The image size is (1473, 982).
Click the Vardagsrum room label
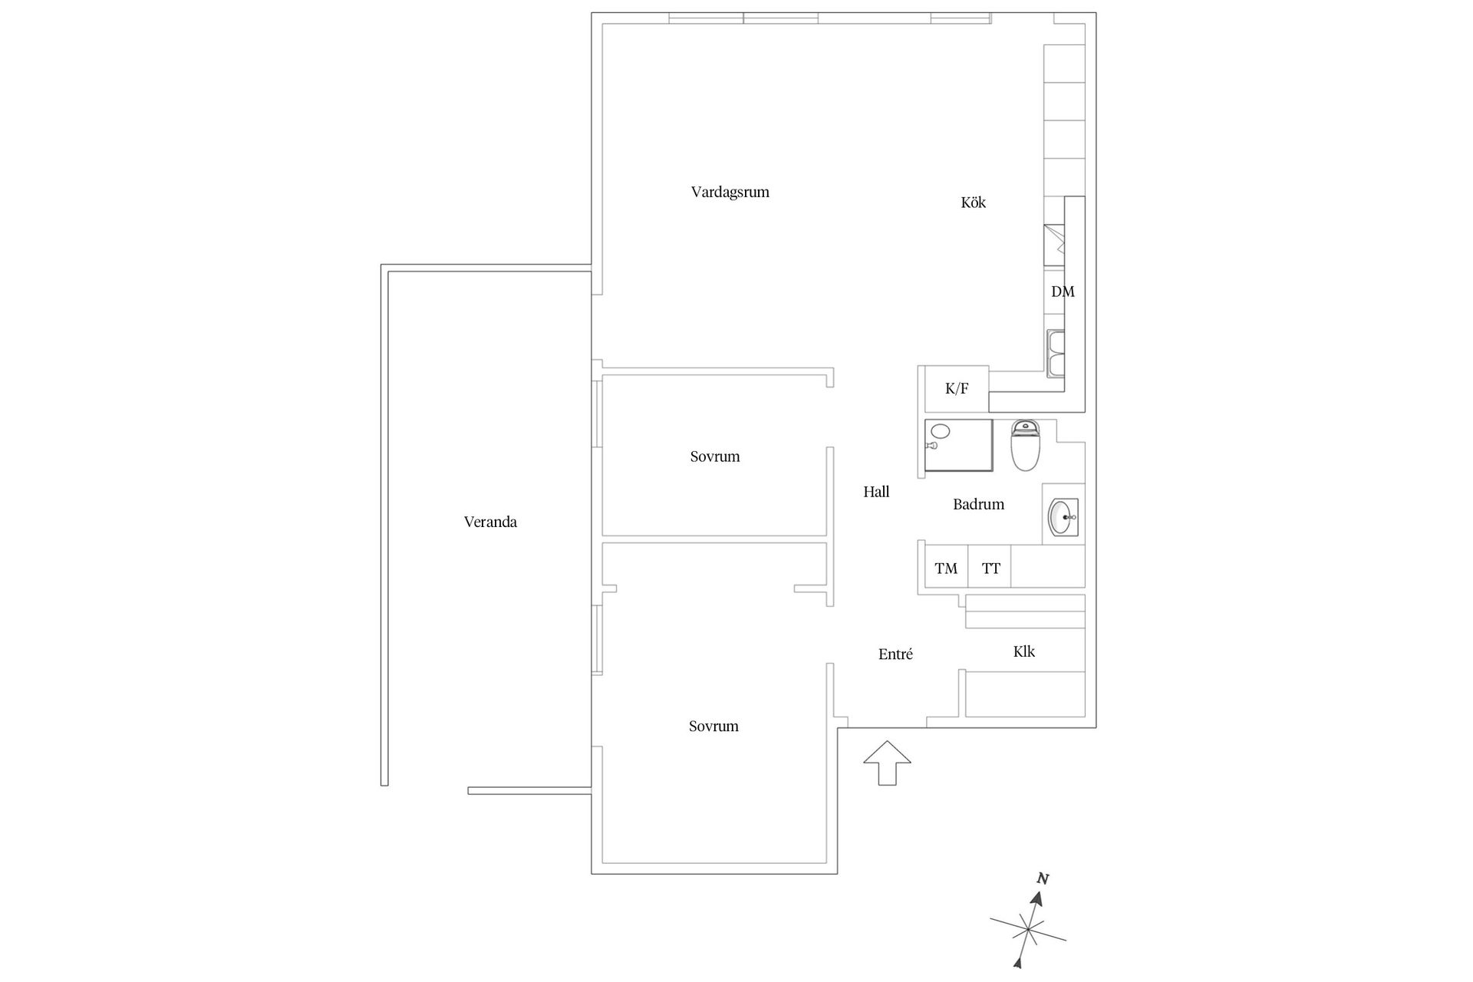730,192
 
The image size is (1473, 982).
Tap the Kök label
973,203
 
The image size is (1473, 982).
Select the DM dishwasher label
1063,292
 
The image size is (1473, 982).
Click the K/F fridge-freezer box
956,389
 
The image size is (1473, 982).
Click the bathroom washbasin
1063,516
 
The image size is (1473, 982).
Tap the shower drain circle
941,431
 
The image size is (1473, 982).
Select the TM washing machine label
946,568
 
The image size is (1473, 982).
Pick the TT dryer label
990,568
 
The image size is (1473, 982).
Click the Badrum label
978,504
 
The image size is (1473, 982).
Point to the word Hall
876,492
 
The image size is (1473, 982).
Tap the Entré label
895,654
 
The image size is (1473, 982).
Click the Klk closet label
1023,651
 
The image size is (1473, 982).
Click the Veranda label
490,522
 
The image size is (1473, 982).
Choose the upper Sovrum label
714,456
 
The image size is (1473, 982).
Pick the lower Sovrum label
713,726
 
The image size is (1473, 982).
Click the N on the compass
1043,879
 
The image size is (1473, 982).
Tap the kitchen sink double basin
1056,354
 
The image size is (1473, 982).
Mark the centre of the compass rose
1027,931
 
